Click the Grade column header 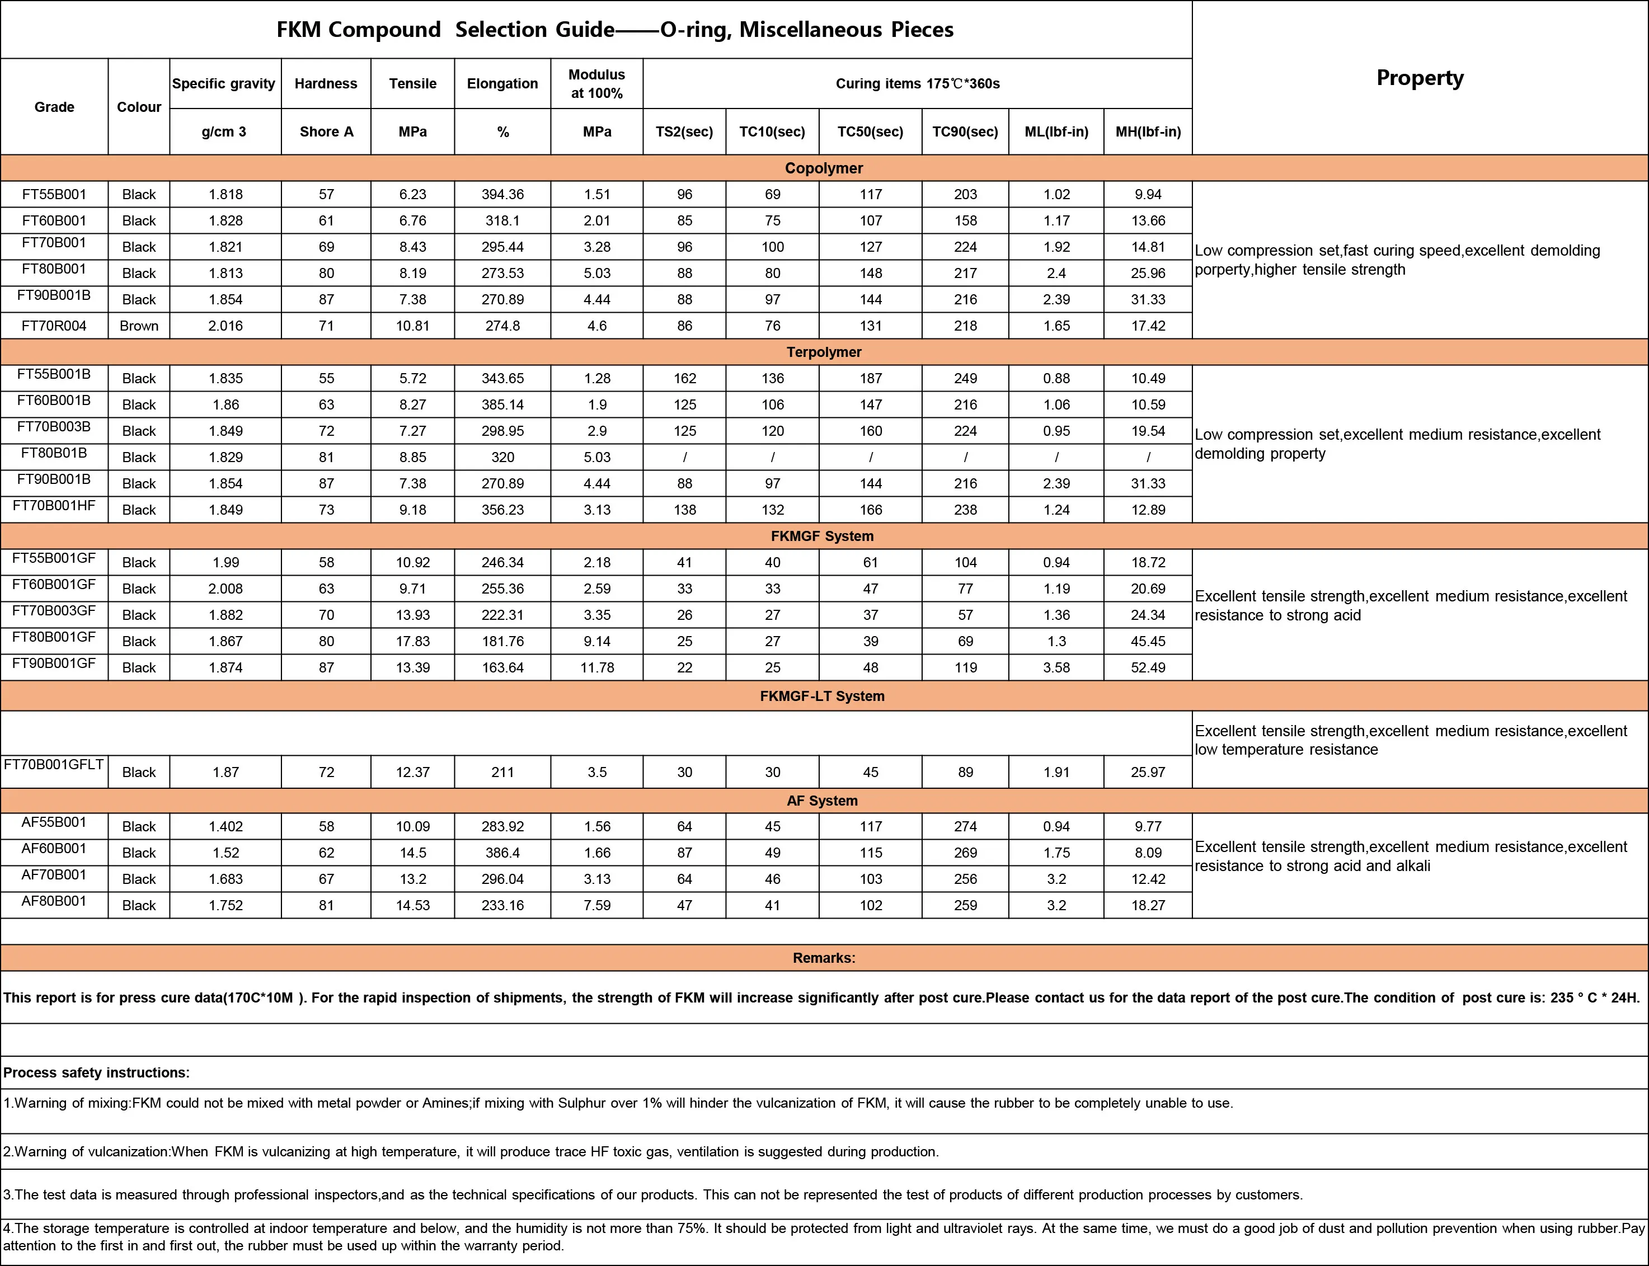click(x=54, y=107)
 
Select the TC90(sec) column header click(x=965, y=132)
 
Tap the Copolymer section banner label click(x=824, y=168)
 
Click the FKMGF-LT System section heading click(x=821, y=696)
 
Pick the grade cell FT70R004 click(x=54, y=326)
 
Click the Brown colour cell click(x=139, y=326)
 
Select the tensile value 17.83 click(x=412, y=641)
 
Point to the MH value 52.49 click(x=1148, y=667)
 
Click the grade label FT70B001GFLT click(x=54, y=764)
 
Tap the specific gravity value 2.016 click(x=225, y=326)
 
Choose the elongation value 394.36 click(x=502, y=195)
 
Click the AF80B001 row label click(x=54, y=901)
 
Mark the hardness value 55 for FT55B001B click(x=326, y=378)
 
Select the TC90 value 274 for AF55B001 click(x=965, y=827)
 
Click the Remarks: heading click(x=824, y=958)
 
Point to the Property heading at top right click(x=1420, y=78)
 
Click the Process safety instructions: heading click(x=96, y=1072)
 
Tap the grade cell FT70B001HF click(x=54, y=506)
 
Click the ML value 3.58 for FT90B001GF click(x=1056, y=667)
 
